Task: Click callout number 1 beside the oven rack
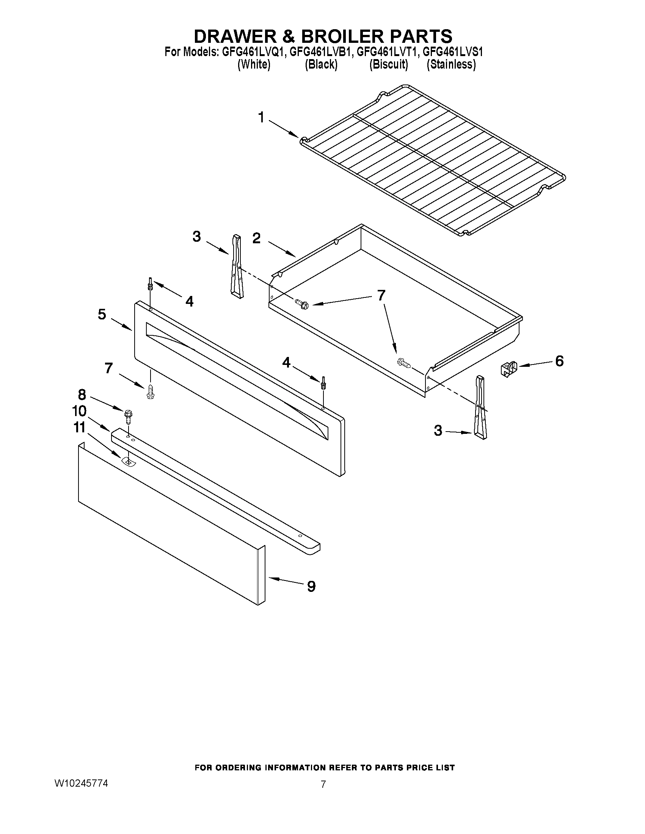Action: tap(261, 117)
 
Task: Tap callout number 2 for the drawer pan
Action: tap(256, 238)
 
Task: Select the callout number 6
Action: tap(559, 360)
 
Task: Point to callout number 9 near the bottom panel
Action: tap(311, 586)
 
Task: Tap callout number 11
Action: tap(79, 427)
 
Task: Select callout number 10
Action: tap(80, 411)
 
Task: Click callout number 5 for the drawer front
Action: tap(102, 314)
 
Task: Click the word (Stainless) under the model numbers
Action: tap(451, 64)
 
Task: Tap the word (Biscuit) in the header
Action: tap(388, 64)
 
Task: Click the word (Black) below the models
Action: tap(321, 64)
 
